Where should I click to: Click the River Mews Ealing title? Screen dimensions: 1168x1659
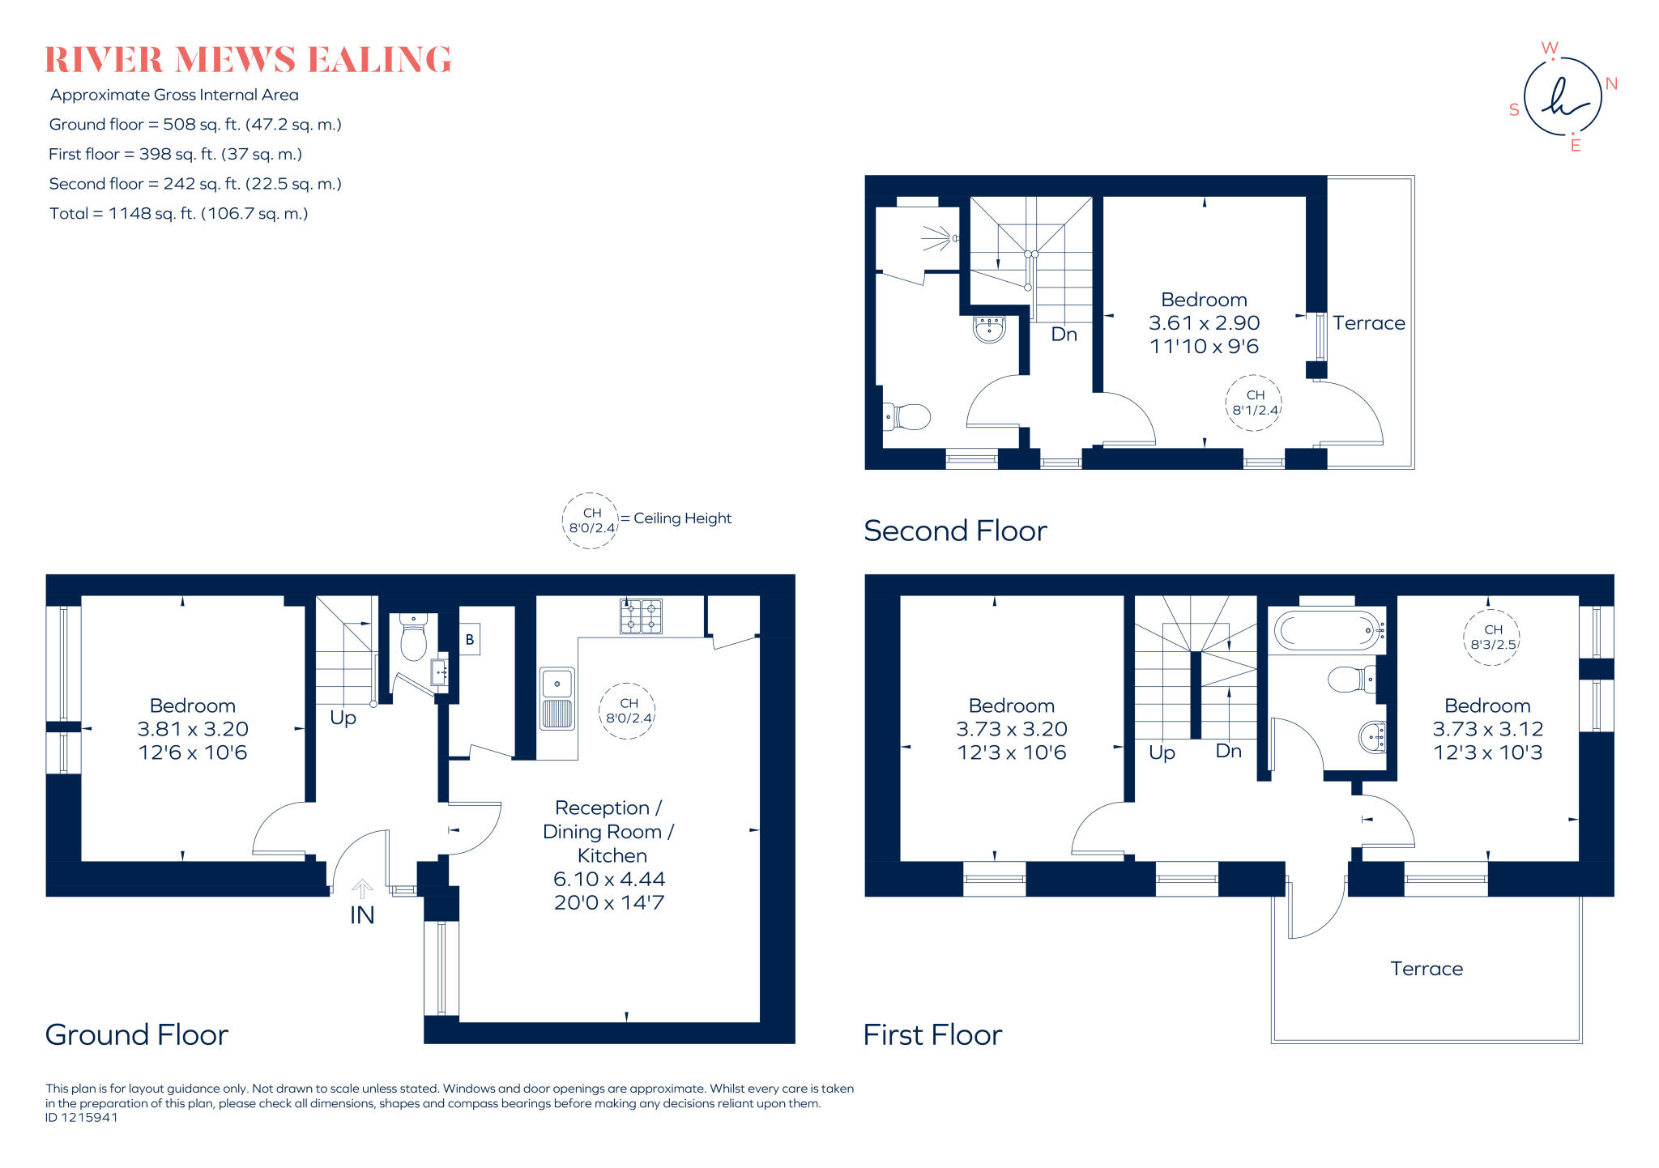tap(248, 60)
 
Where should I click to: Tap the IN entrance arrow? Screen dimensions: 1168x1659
tap(362, 890)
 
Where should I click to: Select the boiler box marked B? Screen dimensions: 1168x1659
tap(469, 639)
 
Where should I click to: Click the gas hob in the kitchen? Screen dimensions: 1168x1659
tap(641, 616)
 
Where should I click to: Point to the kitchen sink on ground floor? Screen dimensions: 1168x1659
tap(557, 698)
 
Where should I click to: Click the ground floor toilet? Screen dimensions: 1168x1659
tap(414, 639)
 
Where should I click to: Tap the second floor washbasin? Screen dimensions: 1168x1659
tap(989, 329)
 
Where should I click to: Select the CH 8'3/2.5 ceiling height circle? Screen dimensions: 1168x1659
tap(1492, 637)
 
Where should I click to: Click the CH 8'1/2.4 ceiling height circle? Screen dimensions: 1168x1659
tap(1255, 403)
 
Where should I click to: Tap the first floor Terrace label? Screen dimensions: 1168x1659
tap(1427, 969)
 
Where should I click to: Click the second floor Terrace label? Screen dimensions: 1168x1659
tap(1368, 323)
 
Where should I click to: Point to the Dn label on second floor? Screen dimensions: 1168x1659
tap(1064, 335)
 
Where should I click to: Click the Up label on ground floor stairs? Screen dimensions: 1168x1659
tap(343, 718)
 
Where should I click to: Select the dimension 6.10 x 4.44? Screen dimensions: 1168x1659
tap(609, 879)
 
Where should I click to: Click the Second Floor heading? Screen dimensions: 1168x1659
tap(955, 531)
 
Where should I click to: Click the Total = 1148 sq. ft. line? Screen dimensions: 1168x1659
tap(179, 214)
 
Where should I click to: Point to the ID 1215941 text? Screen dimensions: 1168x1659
tap(82, 1118)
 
